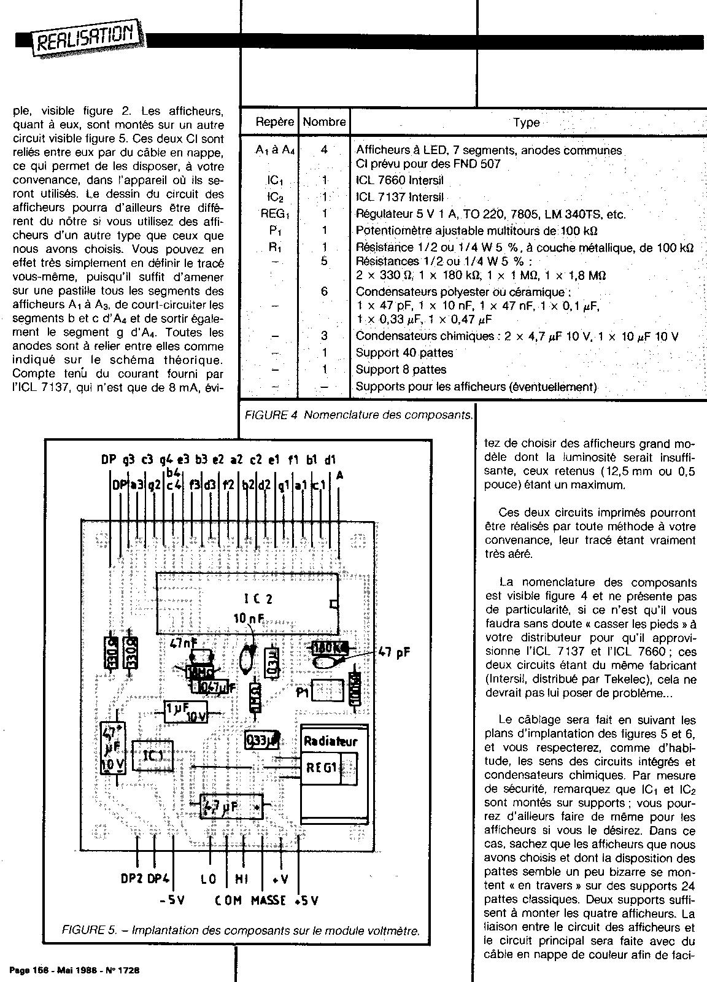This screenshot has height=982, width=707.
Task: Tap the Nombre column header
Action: pos(324,122)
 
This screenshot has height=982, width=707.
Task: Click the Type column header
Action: pos(526,122)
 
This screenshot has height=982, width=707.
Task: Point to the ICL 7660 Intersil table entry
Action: pos(400,181)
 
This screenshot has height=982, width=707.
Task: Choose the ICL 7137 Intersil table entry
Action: pos(400,198)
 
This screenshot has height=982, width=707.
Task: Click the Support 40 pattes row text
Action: pos(404,353)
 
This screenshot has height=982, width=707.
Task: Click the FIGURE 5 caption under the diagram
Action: pos(241,930)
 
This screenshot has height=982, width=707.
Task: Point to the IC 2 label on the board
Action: pos(253,599)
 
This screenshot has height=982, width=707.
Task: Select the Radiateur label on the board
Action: pos(330,741)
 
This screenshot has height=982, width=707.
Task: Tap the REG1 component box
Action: pos(322,767)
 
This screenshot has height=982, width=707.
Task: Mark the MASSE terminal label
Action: pos(268,900)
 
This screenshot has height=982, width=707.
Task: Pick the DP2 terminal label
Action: pos(131,879)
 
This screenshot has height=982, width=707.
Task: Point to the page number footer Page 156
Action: pos(74,970)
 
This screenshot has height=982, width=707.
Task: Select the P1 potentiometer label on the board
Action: pos(302,692)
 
